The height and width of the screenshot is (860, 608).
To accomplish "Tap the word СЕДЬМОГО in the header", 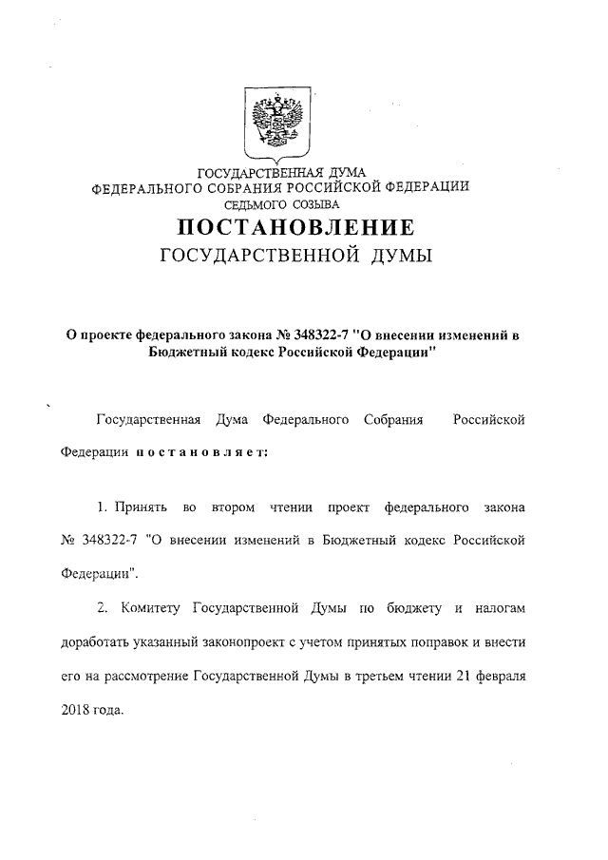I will pos(256,203).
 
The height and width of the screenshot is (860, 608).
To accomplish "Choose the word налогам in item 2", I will pos(498,605).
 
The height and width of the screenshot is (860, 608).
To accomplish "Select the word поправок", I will pos(445,642).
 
